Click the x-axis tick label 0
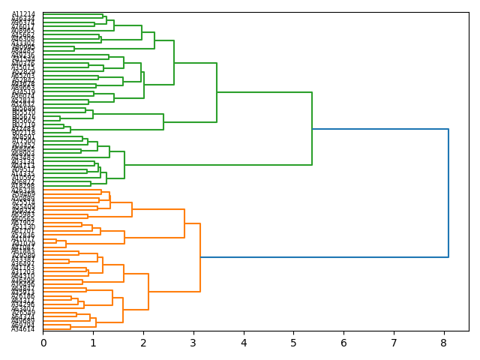43,343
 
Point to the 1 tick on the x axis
93,343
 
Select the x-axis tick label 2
143,343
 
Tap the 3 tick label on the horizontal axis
193,343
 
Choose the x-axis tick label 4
244,343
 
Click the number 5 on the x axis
293,343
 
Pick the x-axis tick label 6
343,343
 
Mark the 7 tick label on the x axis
394,343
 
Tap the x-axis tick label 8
444,343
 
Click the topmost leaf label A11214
23,14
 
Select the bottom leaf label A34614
23,329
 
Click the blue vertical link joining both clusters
448,193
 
